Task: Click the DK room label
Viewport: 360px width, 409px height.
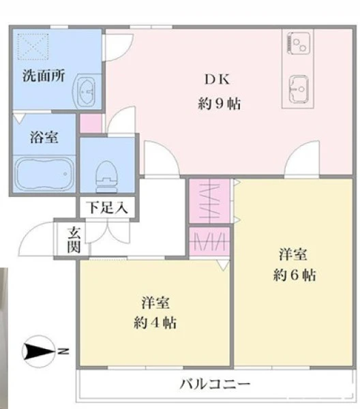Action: (217, 79)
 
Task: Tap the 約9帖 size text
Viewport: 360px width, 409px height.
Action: (219, 104)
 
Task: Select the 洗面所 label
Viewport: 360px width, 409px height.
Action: (44, 76)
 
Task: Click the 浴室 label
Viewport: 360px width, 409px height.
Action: (44, 137)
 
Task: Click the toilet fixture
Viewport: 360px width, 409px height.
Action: (106, 177)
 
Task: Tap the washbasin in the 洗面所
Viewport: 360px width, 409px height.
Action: (87, 91)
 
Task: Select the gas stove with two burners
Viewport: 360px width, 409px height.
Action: (298, 43)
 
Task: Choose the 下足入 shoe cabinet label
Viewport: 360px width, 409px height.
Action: (108, 208)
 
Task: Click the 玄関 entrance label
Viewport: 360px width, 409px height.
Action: (74, 240)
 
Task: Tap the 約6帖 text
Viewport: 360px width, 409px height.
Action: (295, 275)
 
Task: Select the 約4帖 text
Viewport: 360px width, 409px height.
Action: (155, 323)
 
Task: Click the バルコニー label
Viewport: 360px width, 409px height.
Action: (215, 384)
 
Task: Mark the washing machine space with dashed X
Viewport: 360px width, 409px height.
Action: (33, 46)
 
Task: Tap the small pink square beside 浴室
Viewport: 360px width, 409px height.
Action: (91, 123)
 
